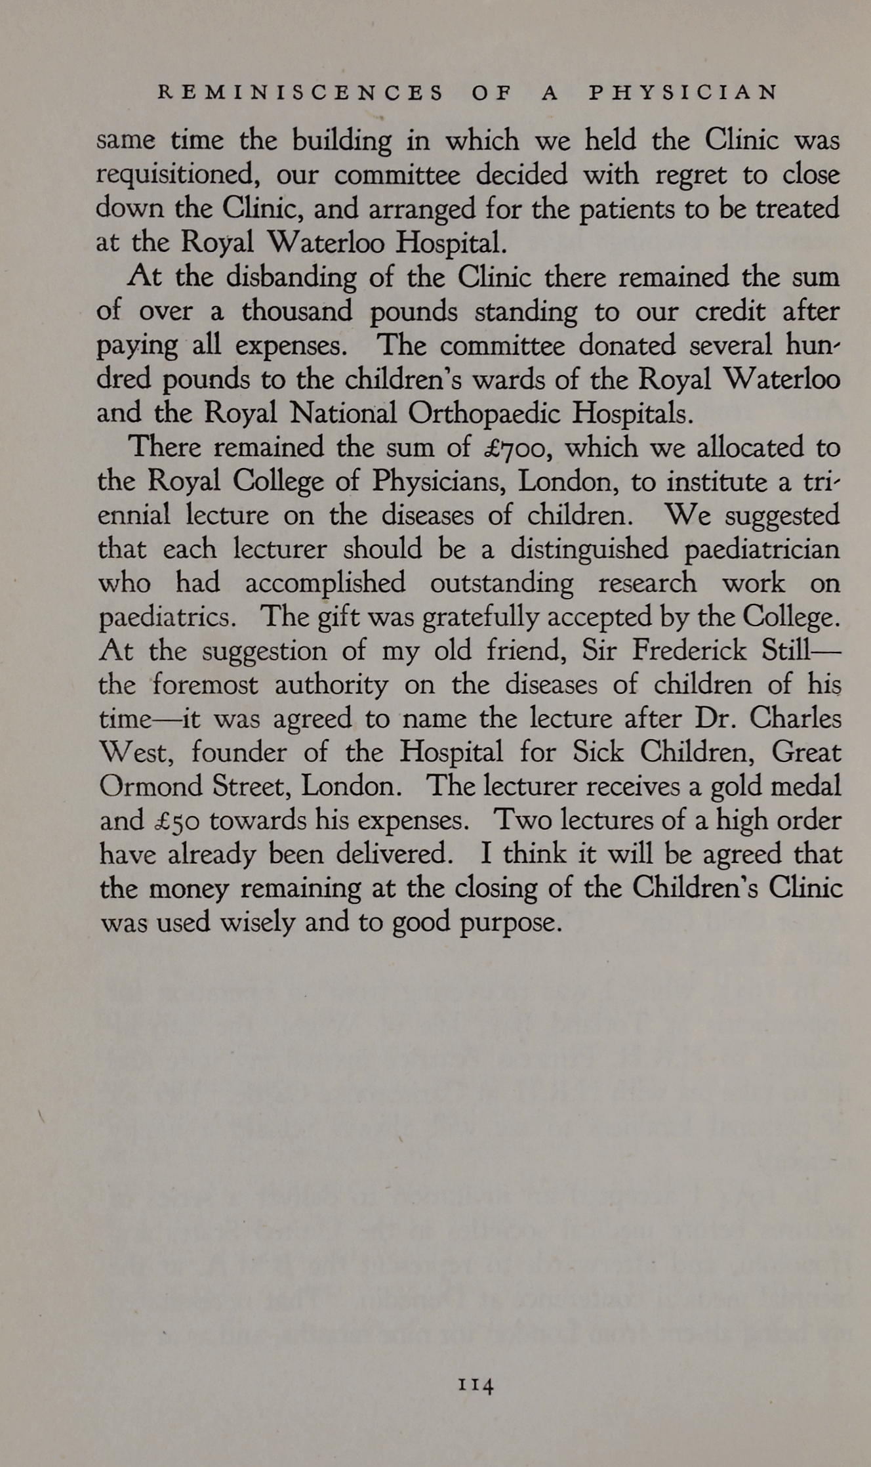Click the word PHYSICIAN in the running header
(x=682, y=93)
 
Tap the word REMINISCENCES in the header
(x=302, y=93)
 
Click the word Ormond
(x=141, y=786)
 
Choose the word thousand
(x=296, y=312)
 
